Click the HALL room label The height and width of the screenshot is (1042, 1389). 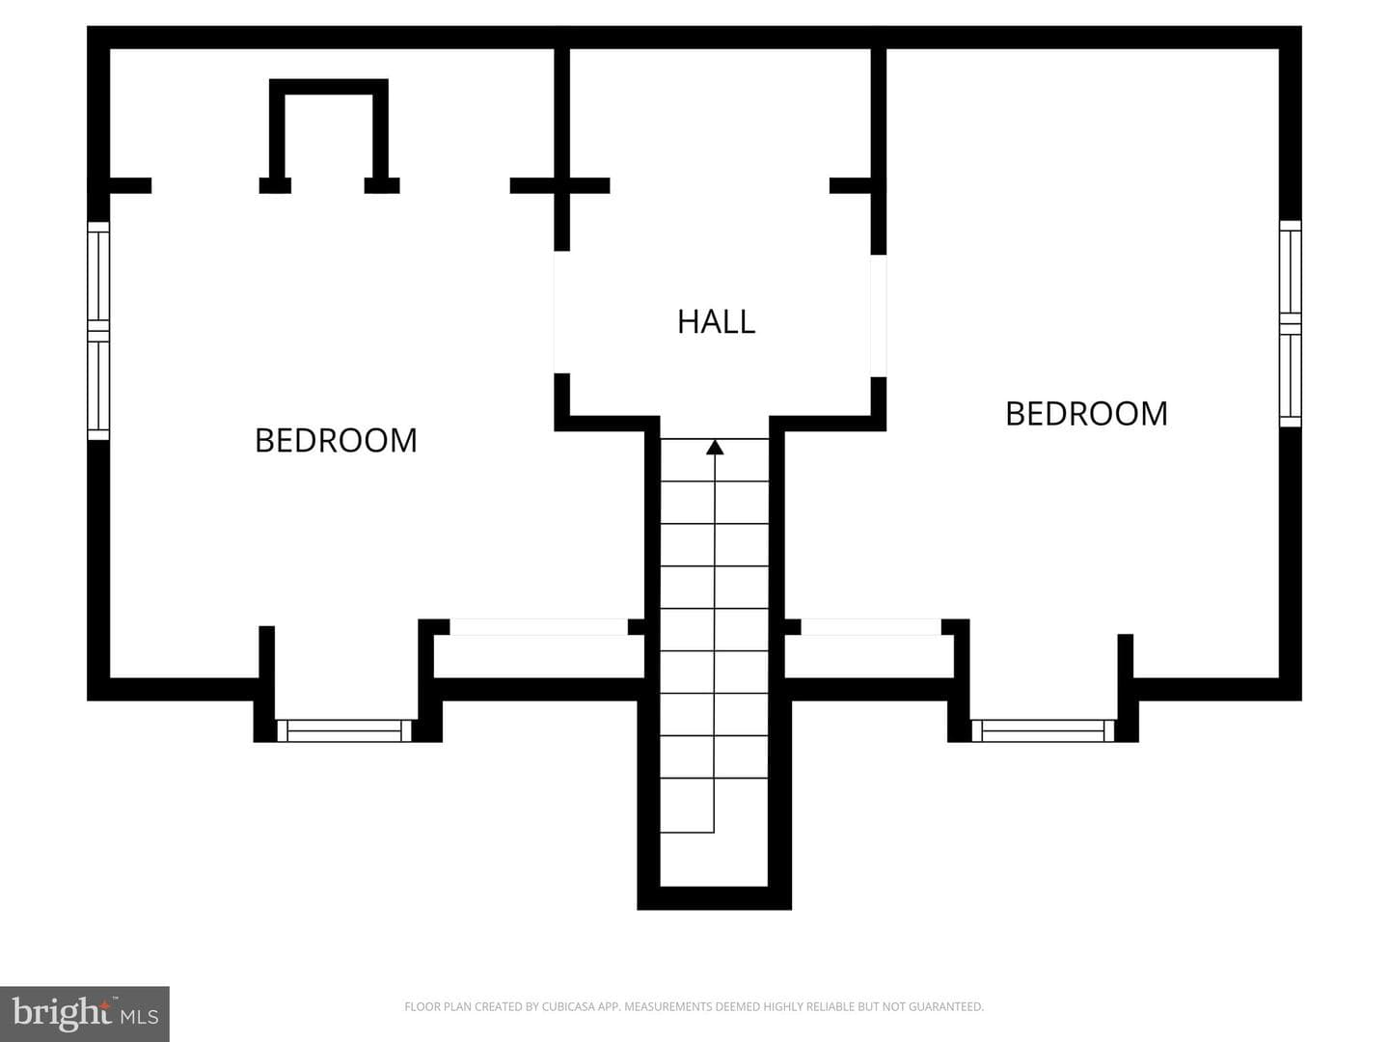716,322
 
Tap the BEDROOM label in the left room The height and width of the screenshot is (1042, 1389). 336,440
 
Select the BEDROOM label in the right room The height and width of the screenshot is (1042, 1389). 1086,414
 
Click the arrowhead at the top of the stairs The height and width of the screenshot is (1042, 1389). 715,448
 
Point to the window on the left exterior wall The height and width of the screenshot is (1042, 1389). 98,330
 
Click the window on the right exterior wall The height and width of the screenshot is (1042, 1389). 1291,323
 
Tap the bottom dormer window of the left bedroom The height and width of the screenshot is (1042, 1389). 343,730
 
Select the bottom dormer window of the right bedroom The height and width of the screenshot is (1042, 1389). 1043,730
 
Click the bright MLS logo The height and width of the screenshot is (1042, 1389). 85,1013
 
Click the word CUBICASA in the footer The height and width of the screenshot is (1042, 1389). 564,1006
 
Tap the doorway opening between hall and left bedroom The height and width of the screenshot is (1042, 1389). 562,312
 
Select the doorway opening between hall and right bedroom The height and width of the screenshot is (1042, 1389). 879,315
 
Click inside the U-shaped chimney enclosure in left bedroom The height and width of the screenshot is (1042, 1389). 328,136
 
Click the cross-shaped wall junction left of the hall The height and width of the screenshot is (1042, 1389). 562,185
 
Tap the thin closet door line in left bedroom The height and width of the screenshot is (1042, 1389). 538,627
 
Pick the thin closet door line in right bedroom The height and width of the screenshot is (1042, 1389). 871,627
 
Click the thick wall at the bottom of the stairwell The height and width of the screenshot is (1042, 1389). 715,898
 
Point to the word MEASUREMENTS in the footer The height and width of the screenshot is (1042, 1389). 667,1006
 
